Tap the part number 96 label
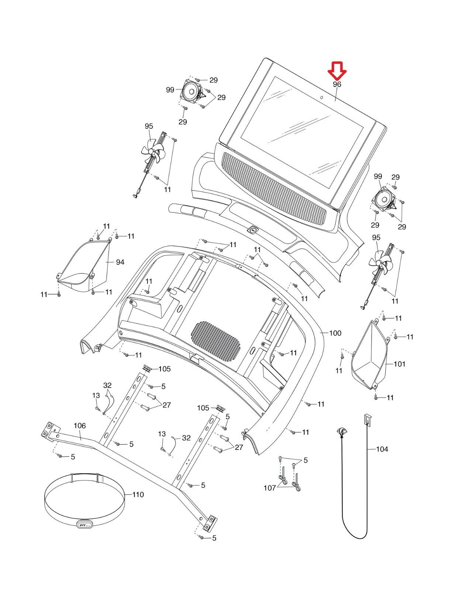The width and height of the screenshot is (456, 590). click(x=337, y=84)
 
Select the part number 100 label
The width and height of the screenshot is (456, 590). click(x=335, y=333)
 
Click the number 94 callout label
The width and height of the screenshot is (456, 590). click(x=120, y=262)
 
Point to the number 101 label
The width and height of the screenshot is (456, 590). click(x=399, y=364)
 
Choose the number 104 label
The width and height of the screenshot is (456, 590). click(x=382, y=450)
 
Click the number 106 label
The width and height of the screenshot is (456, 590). click(x=80, y=426)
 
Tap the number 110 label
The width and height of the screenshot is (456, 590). click(x=138, y=495)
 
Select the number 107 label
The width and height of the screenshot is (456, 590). click(x=270, y=488)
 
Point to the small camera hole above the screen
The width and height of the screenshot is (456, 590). click(x=322, y=97)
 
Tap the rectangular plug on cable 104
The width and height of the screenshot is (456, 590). click(x=367, y=419)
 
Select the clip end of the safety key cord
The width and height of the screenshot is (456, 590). click(x=341, y=431)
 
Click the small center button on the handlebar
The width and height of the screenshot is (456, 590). click(x=253, y=230)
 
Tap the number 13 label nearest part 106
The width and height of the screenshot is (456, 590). click(x=96, y=395)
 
